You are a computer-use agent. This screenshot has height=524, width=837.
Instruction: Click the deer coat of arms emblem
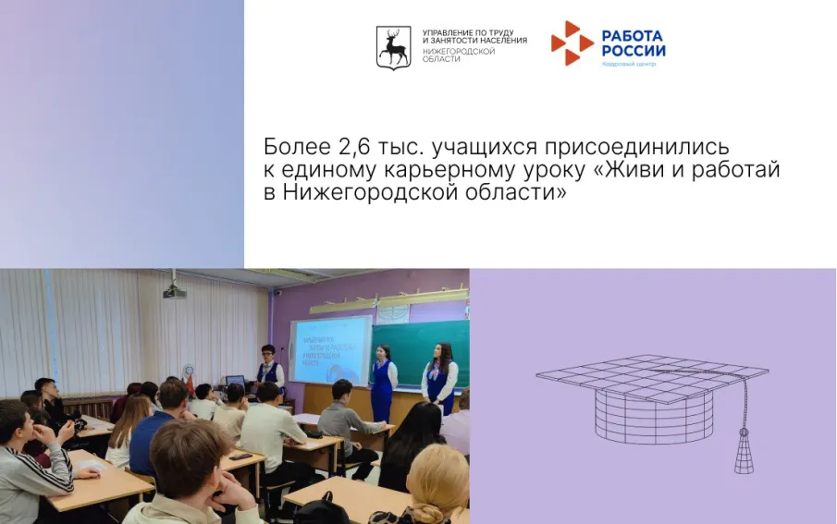393,46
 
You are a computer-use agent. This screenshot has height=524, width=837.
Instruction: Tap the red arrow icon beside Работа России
572,43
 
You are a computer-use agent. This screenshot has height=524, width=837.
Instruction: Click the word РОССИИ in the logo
634,51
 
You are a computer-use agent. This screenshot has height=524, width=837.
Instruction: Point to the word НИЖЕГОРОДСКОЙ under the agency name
459,52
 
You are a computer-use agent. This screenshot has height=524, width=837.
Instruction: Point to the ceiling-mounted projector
174,291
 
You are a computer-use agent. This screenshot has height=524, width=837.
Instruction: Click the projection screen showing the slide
331,350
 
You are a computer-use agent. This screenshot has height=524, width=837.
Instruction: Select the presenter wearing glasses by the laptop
269,367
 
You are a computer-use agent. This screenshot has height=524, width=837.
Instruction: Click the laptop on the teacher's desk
235,381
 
